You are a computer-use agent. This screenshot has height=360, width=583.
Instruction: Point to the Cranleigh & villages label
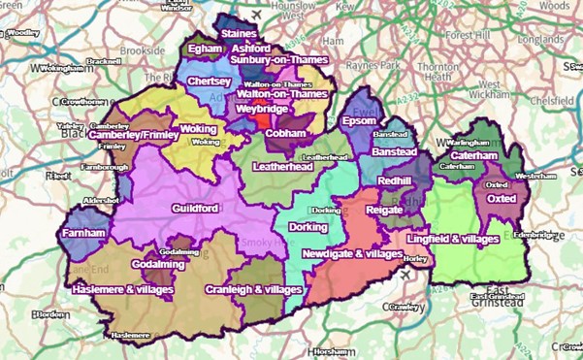(254, 290)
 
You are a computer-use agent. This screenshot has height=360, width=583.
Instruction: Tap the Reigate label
(384, 210)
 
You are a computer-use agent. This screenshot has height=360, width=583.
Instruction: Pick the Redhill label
(397, 180)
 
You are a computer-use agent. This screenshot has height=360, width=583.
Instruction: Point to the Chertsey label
(209, 82)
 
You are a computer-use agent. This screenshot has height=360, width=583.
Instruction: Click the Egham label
(205, 47)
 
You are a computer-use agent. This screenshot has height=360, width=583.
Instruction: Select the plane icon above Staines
(255, 16)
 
